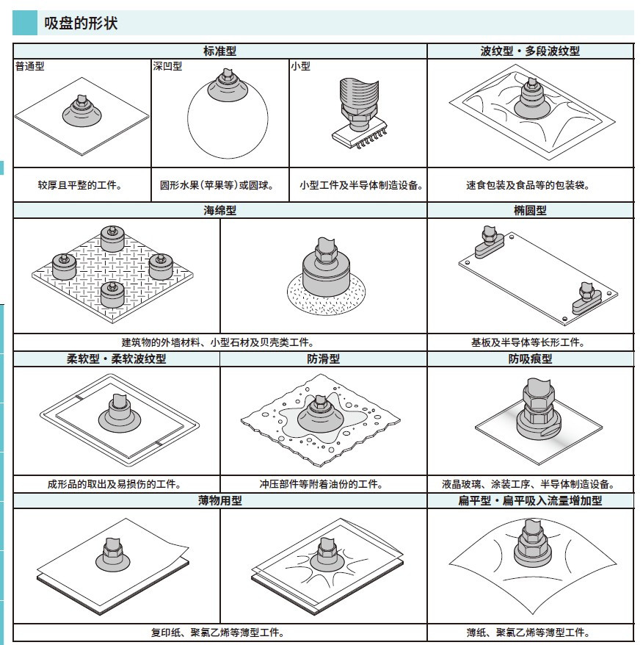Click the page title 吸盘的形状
click(81, 24)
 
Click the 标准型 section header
click(219, 51)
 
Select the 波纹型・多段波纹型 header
click(530, 51)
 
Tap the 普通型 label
click(30, 66)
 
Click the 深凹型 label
click(167, 66)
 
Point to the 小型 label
click(300, 66)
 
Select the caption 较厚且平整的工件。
click(80, 186)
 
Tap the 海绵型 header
click(219, 211)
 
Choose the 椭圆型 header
click(530, 211)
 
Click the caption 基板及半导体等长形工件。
click(531, 342)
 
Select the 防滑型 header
click(323, 359)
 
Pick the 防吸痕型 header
click(530, 359)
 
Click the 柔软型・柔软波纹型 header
click(116, 359)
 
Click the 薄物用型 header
click(219, 501)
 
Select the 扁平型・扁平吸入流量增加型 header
click(530, 501)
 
